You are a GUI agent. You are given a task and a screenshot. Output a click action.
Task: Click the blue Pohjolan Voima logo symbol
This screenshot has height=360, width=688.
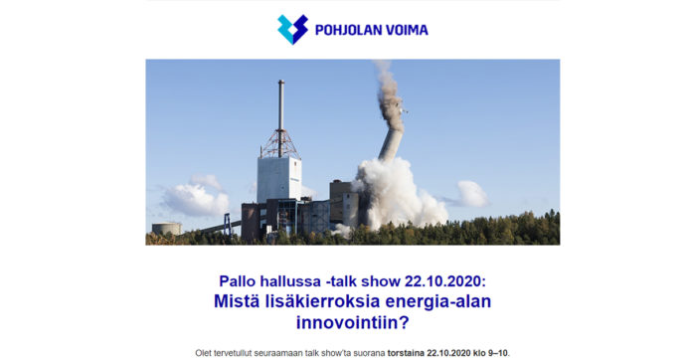click(x=292, y=29)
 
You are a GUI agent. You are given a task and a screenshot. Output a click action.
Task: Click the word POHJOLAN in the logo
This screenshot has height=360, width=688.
click(x=348, y=30)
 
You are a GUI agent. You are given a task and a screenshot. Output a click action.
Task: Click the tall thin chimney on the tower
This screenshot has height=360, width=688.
click(x=281, y=104)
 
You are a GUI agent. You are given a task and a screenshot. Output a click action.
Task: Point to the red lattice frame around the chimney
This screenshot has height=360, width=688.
click(x=280, y=143)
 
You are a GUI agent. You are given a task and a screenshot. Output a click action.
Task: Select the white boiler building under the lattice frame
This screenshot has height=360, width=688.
click(x=278, y=179)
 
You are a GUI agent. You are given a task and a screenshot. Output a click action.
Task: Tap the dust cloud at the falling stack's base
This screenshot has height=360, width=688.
click(x=403, y=194)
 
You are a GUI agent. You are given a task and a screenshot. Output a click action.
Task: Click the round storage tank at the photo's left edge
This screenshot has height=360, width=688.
click(x=166, y=228)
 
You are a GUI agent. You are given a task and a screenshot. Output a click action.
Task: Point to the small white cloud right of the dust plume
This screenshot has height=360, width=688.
click(x=473, y=193)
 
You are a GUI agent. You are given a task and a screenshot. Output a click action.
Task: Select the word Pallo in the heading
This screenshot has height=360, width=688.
click(x=238, y=281)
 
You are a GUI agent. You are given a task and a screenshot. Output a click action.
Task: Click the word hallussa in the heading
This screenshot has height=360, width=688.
click(x=293, y=281)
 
